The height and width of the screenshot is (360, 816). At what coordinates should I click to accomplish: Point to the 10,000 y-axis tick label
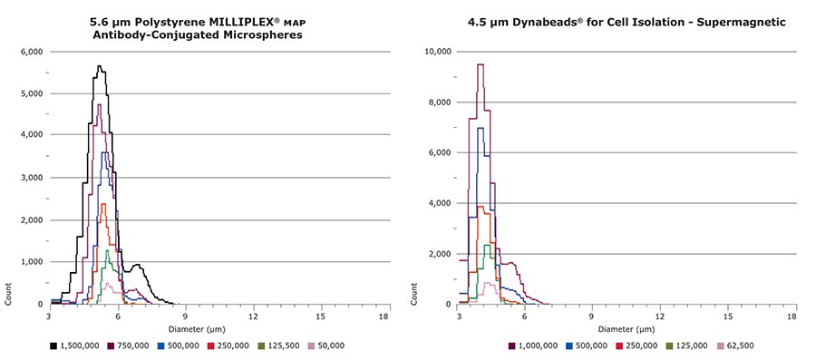pos(438,52)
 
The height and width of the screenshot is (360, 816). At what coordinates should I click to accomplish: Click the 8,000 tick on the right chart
pos(440,102)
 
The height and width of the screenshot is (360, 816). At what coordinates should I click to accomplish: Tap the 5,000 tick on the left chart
pos(30,93)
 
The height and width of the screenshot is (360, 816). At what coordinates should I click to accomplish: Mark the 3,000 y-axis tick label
pos(30,178)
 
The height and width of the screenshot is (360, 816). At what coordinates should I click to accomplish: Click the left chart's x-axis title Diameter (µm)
pos(217,327)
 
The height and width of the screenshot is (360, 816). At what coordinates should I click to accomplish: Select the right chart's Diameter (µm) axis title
pos(626,327)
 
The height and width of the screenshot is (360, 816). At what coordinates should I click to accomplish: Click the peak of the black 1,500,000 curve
pos(99,66)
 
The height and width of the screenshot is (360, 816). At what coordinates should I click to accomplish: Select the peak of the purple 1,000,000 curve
pos(481,64)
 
